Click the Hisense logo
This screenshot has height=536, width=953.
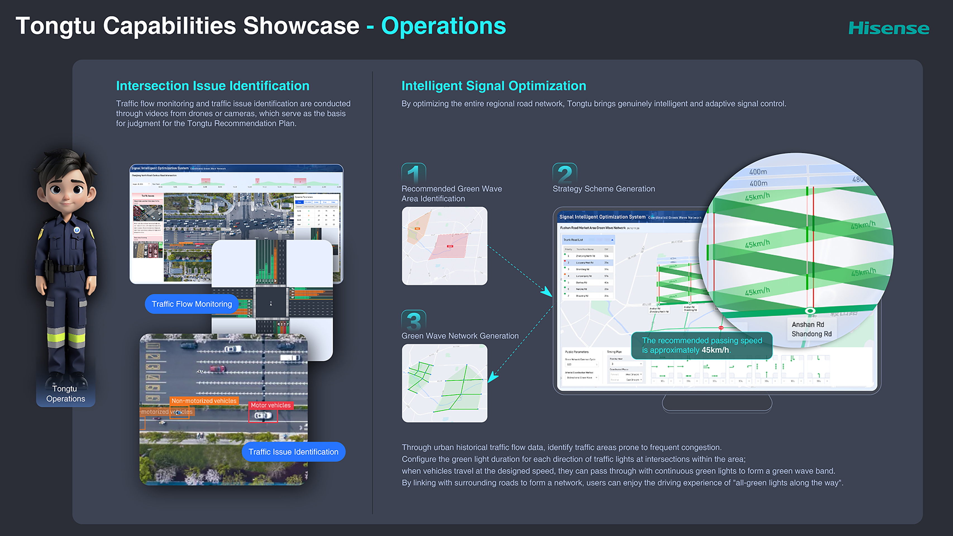click(888, 28)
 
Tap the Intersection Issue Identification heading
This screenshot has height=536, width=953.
click(213, 86)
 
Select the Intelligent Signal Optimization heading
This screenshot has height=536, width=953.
click(493, 86)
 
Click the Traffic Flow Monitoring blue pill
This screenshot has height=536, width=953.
click(192, 304)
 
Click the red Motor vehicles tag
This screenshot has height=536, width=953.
click(271, 405)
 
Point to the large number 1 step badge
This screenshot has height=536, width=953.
click(414, 173)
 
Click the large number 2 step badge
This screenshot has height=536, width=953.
click(565, 173)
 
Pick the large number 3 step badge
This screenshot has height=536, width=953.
click(414, 320)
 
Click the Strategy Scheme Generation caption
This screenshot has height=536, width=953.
click(603, 189)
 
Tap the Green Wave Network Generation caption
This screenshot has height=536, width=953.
click(460, 336)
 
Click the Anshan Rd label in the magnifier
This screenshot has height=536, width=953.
click(808, 324)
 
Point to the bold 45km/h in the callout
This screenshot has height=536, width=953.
click(715, 350)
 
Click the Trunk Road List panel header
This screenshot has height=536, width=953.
click(587, 240)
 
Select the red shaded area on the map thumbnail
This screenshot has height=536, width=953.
click(448, 246)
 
